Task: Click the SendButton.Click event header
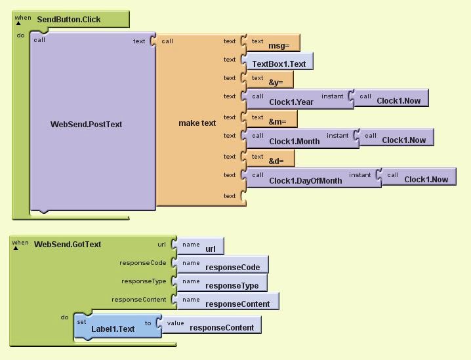tap(69, 19)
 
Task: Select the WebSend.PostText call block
tap(86, 124)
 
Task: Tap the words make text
tap(197, 123)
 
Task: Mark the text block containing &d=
tap(271, 159)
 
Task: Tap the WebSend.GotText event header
tap(68, 245)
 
